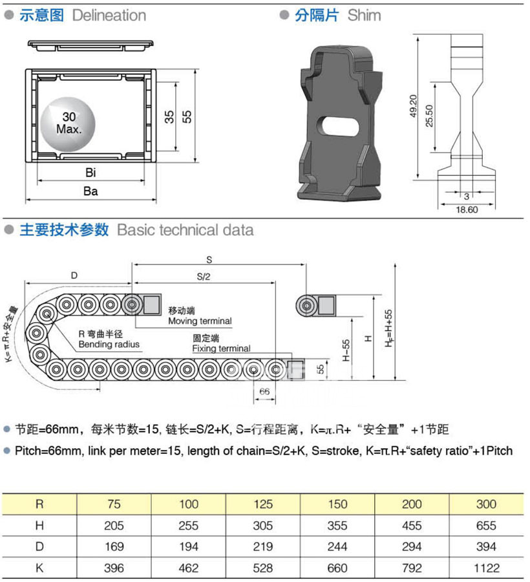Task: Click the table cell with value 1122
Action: pyautogui.click(x=486, y=568)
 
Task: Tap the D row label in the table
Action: pyautogui.click(x=40, y=547)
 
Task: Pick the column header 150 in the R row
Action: pyautogui.click(x=337, y=504)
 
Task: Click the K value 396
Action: pyautogui.click(x=114, y=568)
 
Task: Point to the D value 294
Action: pyautogui.click(x=412, y=547)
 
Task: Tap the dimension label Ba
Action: pyautogui.click(x=90, y=191)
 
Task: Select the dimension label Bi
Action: pyautogui.click(x=90, y=173)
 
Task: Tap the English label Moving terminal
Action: pyautogui.click(x=199, y=321)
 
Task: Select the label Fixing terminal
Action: pyautogui.click(x=221, y=349)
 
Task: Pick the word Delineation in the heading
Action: pyautogui.click(x=109, y=16)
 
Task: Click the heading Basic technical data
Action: pyautogui.click(x=185, y=230)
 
